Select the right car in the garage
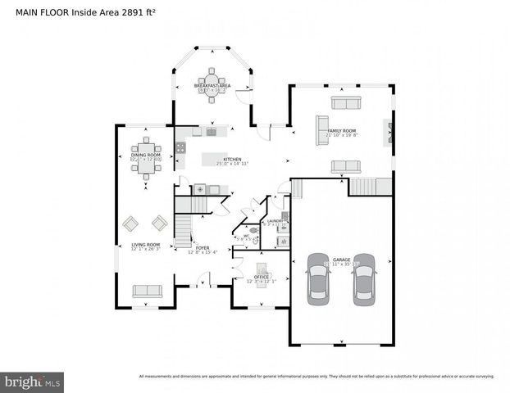pos(363,279)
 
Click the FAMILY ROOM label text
pos(342,131)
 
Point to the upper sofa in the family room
pos(345,102)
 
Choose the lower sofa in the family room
pos(345,166)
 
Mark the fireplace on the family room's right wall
pos(389,132)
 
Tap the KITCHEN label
pos(232,160)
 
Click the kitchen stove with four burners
pos(180,147)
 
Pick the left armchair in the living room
pos(131,222)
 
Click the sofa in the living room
pos(148,291)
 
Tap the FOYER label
pos(201,246)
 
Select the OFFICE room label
pos(262,278)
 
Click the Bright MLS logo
pos(32,382)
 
